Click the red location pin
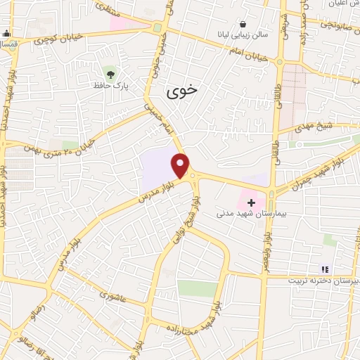pos(181,166)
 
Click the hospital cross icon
pos(251,202)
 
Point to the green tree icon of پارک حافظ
pos(110,72)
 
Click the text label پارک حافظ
pos(109,85)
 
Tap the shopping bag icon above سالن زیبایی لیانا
pos(243,23)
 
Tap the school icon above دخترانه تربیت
pos(324,268)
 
